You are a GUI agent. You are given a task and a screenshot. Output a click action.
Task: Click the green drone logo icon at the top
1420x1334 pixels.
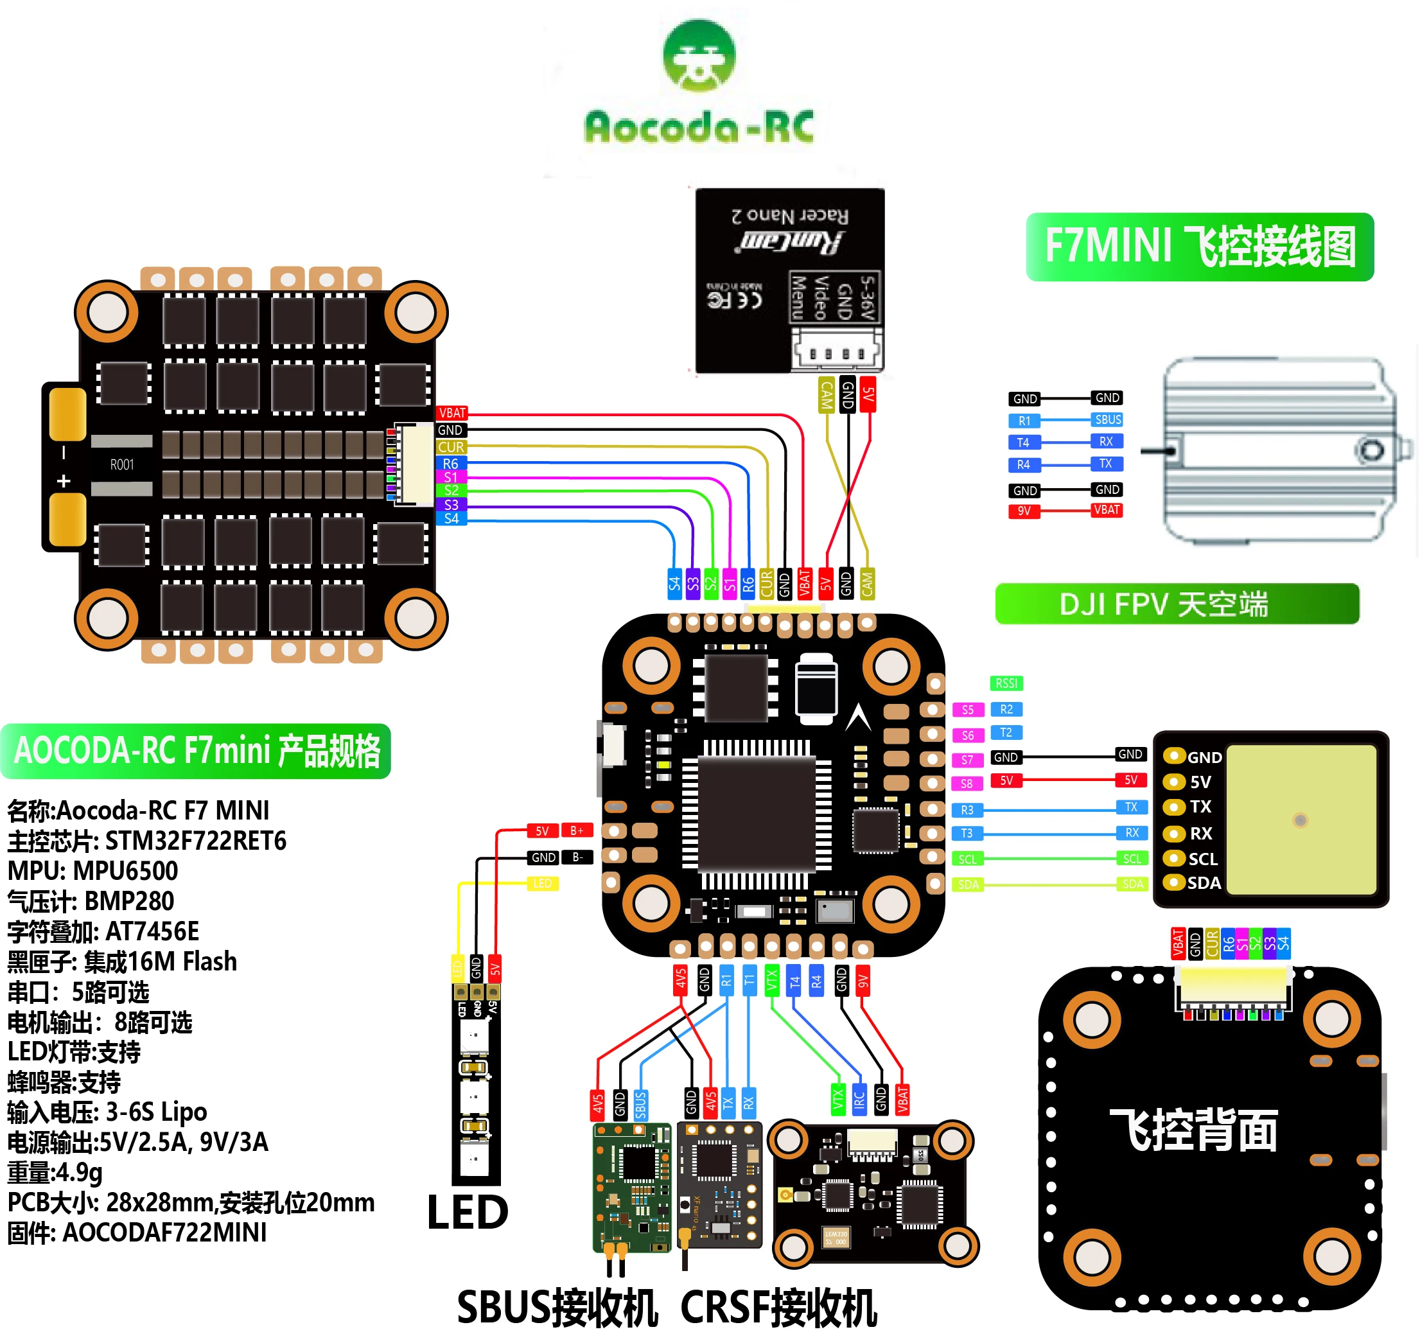[x=699, y=56]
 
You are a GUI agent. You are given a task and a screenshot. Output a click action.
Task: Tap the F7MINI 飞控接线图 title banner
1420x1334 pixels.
[x=1199, y=247]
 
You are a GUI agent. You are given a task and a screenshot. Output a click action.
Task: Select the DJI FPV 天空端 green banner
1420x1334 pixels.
[x=1177, y=604]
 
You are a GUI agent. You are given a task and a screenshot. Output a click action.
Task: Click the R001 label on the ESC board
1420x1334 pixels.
[x=122, y=465]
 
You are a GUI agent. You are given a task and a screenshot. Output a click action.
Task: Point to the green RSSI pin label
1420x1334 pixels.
[x=1006, y=683]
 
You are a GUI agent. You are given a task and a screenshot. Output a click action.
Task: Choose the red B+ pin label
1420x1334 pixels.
[x=577, y=830]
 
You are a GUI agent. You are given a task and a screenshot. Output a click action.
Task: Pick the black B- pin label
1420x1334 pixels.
[x=577, y=857]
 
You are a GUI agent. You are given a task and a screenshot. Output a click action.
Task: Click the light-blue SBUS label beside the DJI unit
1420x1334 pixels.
[x=1107, y=420]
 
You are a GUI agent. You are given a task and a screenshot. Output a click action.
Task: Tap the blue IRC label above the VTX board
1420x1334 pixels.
[x=859, y=1099]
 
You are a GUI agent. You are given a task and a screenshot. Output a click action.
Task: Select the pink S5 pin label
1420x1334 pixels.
[x=967, y=710]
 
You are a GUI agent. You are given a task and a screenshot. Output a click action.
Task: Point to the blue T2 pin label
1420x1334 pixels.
[x=1006, y=733]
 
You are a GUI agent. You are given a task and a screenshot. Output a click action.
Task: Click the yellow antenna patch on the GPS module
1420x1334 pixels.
[x=1301, y=819]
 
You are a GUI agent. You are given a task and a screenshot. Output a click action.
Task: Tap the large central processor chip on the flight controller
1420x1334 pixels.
[x=757, y=813]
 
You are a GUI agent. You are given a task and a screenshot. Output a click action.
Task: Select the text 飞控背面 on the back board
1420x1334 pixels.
[x=1193, y=1130]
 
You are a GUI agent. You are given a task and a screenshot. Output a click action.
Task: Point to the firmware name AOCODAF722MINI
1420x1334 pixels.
[x=164, y=1233]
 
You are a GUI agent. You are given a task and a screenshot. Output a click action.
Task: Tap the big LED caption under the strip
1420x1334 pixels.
[x=467, y=1213]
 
